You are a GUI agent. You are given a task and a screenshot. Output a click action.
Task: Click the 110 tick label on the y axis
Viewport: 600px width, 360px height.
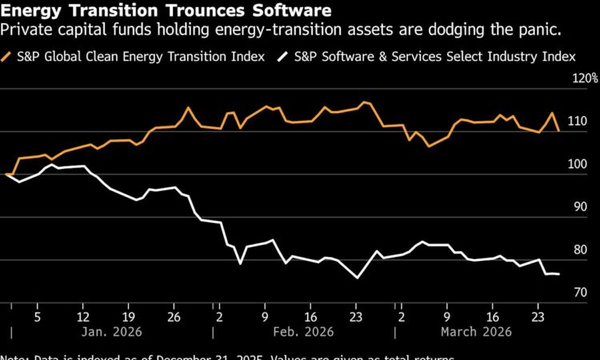(x=578, y=122)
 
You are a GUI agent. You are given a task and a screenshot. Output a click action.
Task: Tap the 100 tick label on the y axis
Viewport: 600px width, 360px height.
(x=578, y=164)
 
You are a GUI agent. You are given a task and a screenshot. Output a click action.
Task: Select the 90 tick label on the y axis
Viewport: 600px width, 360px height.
(x=580, y=207)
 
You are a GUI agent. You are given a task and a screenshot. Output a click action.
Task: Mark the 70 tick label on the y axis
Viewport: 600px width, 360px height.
(x=580, y=293)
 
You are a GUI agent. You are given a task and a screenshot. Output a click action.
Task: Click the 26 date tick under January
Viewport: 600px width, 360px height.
(x=174, y=316)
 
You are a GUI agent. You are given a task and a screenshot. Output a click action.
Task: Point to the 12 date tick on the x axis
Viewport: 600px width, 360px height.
(x=83, y=316)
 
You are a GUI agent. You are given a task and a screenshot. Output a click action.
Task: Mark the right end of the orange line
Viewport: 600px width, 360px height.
(x=558, y=130)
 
